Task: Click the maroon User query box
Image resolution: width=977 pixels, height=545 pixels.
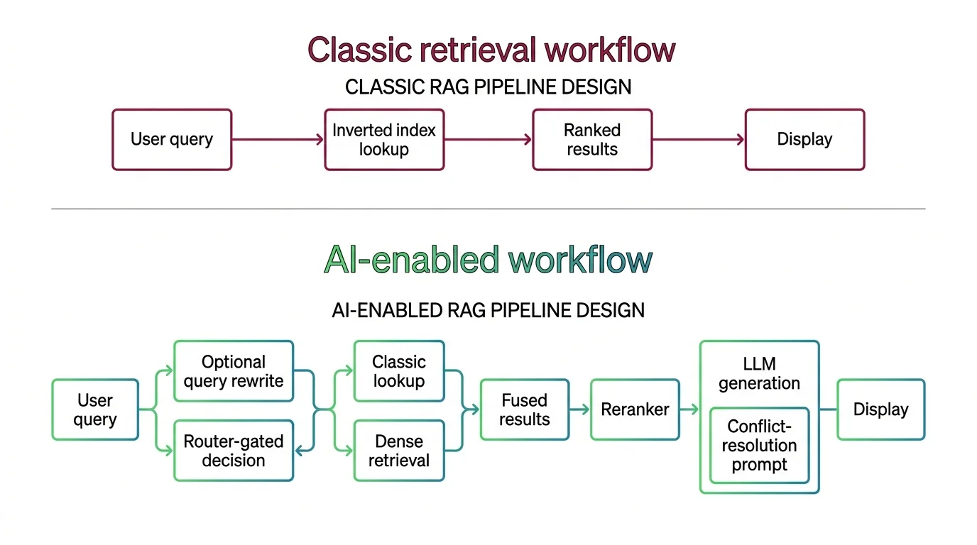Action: coord(172,140)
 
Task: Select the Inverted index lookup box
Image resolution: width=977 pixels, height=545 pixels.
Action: coord(384,140)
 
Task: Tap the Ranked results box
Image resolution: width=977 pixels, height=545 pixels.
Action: coord(592,140)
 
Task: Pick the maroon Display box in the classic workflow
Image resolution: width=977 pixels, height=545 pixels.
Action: coord(804,140)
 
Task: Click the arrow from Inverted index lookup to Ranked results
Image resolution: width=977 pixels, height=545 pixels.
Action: coord(488,140)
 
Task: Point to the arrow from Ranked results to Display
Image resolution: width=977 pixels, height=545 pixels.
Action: coord(698,140)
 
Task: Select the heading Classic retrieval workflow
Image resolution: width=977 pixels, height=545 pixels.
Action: coord(491,50)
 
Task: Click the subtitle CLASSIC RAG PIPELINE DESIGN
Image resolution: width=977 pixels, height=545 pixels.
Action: coord(488,87)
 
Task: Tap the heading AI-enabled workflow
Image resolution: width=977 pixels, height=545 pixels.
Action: coord(488,260)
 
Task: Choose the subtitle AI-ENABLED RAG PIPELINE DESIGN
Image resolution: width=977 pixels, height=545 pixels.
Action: coord(488,310)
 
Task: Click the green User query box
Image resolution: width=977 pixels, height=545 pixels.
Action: coord(95,409)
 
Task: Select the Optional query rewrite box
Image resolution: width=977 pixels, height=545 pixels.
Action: coord(234,371)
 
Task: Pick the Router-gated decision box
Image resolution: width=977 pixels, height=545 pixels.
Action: coord(234,451)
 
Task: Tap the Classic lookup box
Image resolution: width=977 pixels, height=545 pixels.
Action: coord(399,371)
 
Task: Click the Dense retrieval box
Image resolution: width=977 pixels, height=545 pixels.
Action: coord(399,451)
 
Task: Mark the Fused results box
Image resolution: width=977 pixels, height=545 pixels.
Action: coord(525,409)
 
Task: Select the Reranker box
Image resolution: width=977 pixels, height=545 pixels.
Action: coord(635,409)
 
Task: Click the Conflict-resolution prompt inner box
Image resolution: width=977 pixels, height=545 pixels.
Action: coord(759,446)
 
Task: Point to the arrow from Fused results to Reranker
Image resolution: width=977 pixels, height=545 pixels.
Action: coord(579,409)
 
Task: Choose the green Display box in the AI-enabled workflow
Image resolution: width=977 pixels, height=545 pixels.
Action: coord(880,409)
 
